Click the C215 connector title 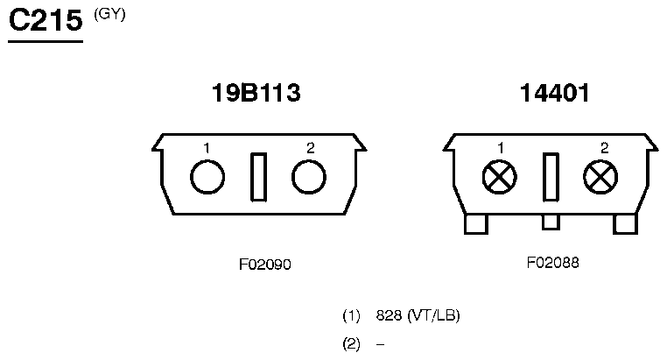pos(46,20)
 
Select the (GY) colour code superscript pos(109,15)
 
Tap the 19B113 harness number pos(256,93)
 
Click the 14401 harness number pos(555,93)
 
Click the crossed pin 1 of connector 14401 pos(500,177)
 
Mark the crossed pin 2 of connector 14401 pos(600,177)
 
